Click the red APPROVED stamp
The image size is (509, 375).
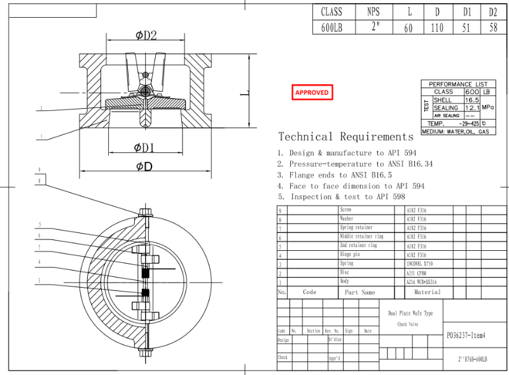312,92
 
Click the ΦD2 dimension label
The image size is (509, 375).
146,36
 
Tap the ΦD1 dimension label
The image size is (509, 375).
146,148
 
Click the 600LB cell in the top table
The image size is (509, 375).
331,27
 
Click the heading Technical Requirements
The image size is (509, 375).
345,136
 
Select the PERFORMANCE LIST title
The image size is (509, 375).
458,84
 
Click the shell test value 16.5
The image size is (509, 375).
471,100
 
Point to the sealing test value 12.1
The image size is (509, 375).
471,108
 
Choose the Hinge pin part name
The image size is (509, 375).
350,254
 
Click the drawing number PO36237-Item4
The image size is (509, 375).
466,335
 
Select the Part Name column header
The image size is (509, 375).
359,292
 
